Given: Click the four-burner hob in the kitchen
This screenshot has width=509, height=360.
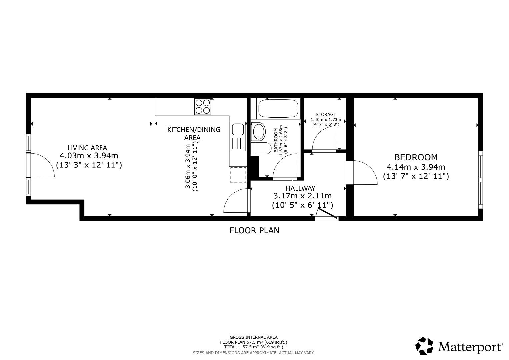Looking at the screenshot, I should (203, 107).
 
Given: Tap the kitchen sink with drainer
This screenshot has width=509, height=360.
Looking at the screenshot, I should (237, 137).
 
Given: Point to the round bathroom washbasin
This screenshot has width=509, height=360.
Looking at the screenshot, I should (259, 131).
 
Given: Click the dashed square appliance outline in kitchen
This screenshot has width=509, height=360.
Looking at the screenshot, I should (238, 175).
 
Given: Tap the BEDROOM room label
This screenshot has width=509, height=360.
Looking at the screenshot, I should (416, 157).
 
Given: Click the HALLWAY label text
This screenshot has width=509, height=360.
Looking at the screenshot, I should (300, 188).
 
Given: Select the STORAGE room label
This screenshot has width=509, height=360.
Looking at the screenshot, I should (326, 114).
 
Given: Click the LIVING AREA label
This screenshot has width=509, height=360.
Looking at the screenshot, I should (87, 148).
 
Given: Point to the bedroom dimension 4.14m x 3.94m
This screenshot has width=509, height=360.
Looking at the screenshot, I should (416, 167).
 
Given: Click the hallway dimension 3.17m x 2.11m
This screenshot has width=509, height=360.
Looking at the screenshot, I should (302, 196).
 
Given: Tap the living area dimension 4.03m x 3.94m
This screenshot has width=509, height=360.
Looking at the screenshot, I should (89, 156).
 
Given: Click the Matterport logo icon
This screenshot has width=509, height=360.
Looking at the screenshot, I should (424, 346).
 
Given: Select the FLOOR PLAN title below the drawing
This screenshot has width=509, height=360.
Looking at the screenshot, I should (254, 230).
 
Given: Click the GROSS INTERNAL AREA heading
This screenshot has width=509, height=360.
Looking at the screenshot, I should (253, 337).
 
